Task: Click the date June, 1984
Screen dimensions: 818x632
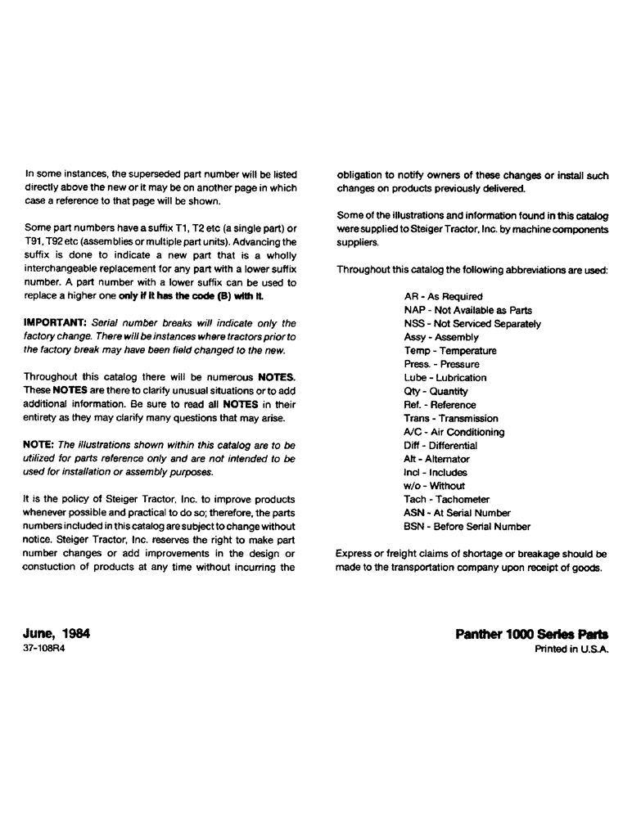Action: [56, 633]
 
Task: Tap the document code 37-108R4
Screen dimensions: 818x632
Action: [46, 649]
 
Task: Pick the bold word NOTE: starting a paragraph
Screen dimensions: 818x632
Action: [39, 445]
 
